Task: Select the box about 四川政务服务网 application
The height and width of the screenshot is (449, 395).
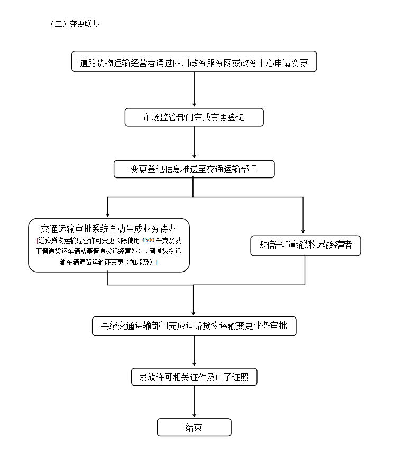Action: tap(194, 62)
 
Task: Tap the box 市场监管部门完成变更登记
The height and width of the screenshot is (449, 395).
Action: tap(194, 117)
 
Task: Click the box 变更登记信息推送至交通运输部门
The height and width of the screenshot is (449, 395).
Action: tap(194, 169)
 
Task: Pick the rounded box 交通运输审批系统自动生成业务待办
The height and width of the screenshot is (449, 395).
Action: tap(108, 245)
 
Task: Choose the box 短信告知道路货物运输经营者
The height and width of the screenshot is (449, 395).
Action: tap(305, 245)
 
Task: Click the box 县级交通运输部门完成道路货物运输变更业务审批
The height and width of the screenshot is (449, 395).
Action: tap(194, 325)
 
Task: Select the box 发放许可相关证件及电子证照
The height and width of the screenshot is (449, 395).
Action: tap(194, 377)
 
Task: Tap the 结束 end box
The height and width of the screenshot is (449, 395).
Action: tap(194, 427)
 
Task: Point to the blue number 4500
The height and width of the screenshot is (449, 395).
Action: tap(148, 241)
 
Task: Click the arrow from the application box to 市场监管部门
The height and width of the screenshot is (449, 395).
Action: tap(194, 90)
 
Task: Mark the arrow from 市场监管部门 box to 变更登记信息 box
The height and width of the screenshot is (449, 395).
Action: tap(194, 143)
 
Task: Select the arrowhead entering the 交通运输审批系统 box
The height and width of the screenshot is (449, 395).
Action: tap(108, 214)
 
